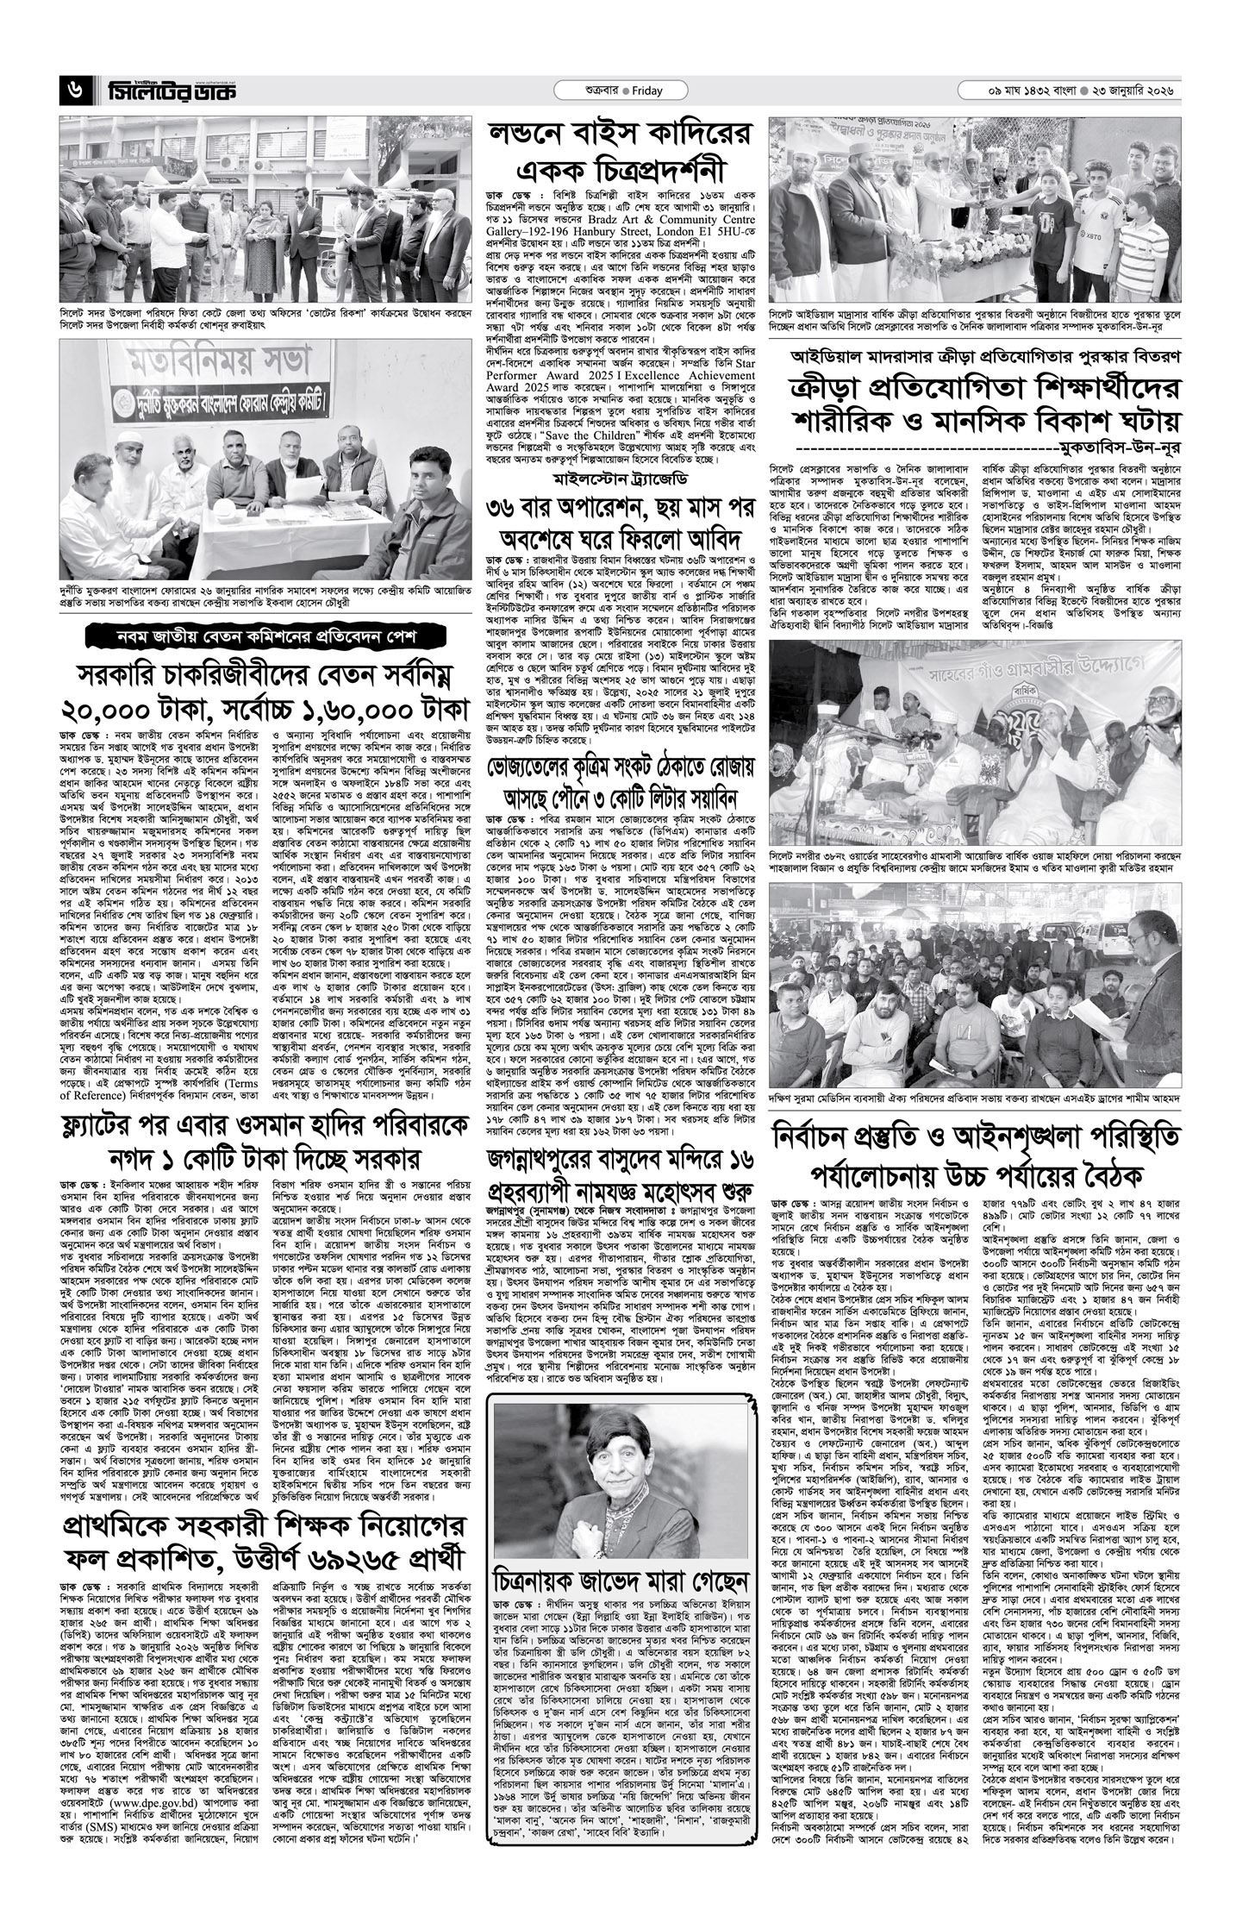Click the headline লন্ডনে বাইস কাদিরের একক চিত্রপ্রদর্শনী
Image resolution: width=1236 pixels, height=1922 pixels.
[617, 150]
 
